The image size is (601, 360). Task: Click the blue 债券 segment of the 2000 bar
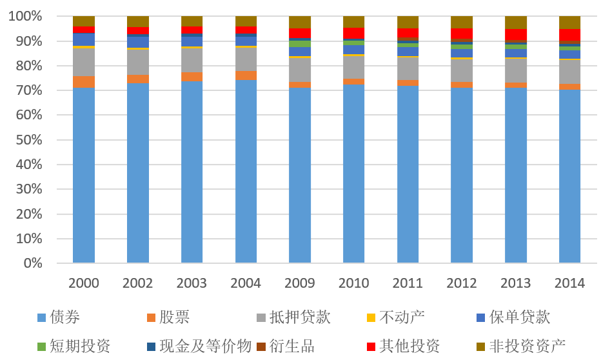click(84, 174)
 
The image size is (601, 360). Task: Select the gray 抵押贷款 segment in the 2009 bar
click(300, 70)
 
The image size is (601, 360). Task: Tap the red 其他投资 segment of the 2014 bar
click(569, 35)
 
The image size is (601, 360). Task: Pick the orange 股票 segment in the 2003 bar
click(192, 76)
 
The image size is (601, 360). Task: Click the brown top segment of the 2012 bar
click(462, 22)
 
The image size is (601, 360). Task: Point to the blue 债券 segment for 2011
click(408, 174)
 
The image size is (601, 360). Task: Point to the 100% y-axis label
click(25, 16)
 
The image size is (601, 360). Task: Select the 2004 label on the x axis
click(246, 283)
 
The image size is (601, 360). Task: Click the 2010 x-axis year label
click(354, 283)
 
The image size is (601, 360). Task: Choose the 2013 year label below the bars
click(516, 283)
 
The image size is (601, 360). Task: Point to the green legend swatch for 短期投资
click(42, 346)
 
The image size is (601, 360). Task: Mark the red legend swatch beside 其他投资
click(370, 346)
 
